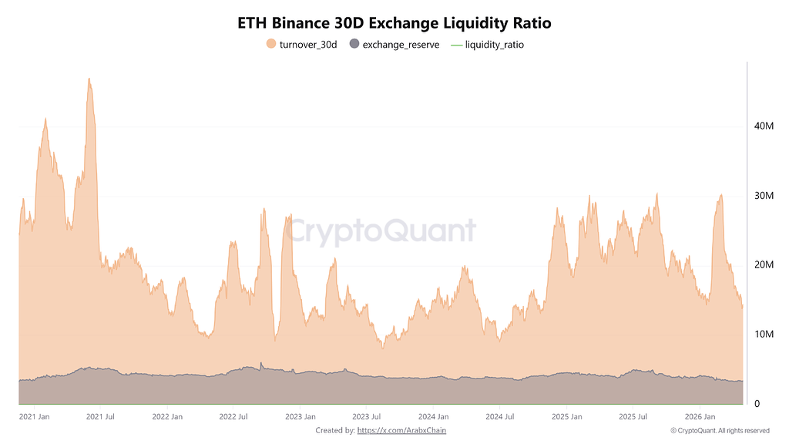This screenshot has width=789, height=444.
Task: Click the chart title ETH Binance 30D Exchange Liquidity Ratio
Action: click(394, 23)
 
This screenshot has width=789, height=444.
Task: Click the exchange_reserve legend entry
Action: click(394, 45)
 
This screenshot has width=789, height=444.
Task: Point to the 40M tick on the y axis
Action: click(763, 126)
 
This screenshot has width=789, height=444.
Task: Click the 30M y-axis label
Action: click(763, 195)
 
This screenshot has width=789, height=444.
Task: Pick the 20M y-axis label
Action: click(763, 264)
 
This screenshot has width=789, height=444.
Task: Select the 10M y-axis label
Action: click(763, 334)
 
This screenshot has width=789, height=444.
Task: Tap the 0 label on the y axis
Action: click(758, 403)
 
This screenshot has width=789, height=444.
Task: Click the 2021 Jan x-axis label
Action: click(35, 417)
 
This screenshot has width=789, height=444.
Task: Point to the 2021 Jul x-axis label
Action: click(101, 417)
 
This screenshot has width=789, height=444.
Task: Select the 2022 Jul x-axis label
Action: click(233, 417)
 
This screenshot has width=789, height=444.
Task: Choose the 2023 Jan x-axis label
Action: click(300, 417)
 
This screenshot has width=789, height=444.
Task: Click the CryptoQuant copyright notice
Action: click(720, 430)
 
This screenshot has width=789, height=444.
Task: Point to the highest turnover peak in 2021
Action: click(89, 79)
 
